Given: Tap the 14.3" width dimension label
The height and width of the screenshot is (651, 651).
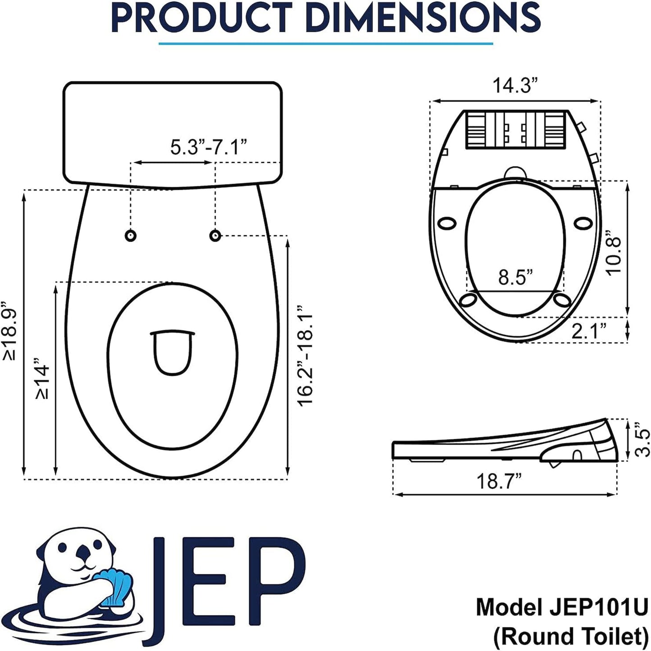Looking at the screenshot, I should tap(515, 85).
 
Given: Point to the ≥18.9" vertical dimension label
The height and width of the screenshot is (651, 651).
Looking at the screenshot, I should tap(10, 331).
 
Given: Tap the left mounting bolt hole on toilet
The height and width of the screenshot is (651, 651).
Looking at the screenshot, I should tap(131, 236).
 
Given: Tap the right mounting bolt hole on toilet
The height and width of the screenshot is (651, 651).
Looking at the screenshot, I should tap(215, 235).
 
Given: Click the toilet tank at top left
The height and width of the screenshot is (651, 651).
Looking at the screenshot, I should tap(173, 133).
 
